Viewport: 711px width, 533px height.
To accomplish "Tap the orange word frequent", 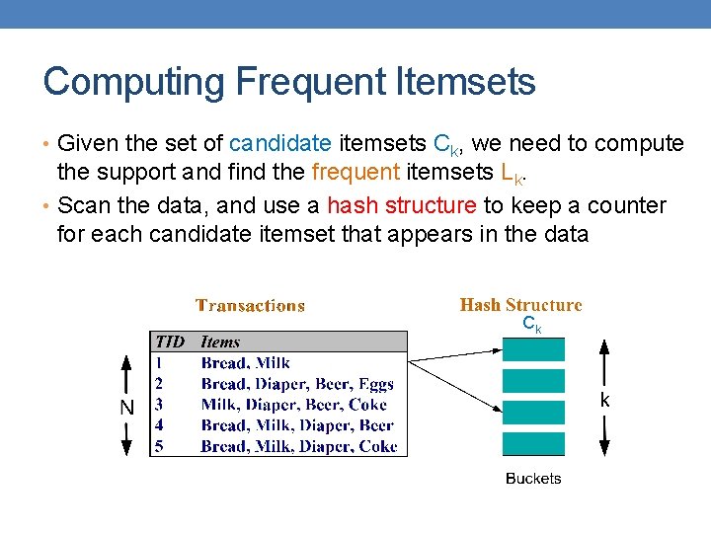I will tap(355, 175).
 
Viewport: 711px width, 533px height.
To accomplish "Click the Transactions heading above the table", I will tap(250, 306).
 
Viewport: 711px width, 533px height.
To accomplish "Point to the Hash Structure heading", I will tap(520, 305).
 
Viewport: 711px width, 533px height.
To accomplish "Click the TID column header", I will tap(170, 343).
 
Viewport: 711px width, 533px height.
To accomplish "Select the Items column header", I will tap(220, 343).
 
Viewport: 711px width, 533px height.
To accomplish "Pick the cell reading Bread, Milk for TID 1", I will tap(245, 363).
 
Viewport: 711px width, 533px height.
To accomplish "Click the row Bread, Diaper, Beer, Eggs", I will tap(296, 384).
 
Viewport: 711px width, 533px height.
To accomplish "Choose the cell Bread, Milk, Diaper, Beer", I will tap(296, 425).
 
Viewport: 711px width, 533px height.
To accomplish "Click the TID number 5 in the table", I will tap(158, 446).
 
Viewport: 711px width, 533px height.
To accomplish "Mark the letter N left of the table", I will tap(126, 407).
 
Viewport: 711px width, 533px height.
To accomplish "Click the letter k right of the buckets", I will tap(604, 401).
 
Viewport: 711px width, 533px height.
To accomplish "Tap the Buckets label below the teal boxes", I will tap(533, 479).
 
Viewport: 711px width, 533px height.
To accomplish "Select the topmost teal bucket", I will tap(534, 349).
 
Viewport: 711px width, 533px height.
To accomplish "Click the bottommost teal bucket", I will tap(534, 443).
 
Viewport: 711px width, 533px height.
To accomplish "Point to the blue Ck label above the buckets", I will tap(531, 324).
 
